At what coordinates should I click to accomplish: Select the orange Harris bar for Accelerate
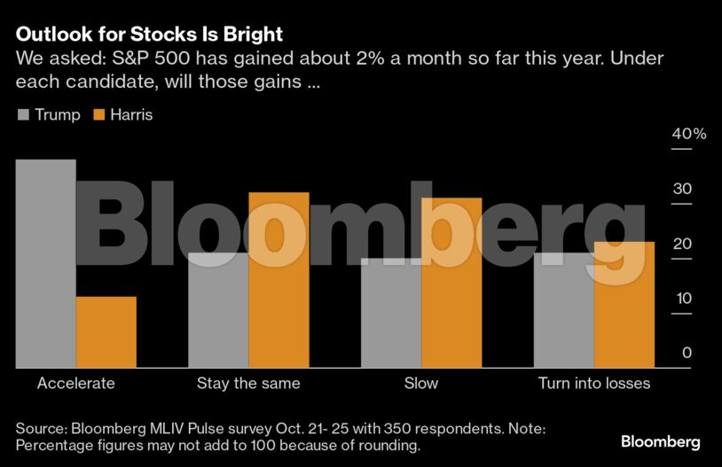point(106,331)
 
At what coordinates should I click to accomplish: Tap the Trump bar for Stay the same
point(218,310)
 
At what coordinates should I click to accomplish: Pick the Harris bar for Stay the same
point(279,279)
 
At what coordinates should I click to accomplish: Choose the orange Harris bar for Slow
point(451,282)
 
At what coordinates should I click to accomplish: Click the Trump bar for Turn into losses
point(563,310)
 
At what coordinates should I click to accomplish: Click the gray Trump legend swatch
point(23,115)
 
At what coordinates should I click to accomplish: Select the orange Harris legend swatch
point(98,115)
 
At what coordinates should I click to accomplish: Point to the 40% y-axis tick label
point(689,135)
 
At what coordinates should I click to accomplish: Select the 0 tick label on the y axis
point(687,353)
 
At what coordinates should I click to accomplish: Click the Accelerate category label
point(76,384)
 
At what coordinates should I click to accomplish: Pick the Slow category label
point(421,384)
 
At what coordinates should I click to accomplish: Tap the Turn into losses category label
point(594,384)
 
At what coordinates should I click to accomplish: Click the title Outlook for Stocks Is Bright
point(149,35)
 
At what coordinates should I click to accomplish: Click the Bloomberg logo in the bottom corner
point(661,441)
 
